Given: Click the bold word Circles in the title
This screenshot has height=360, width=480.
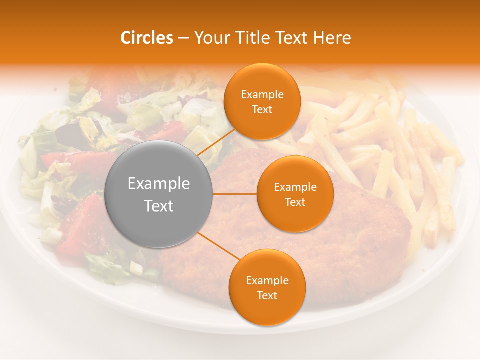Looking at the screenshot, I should [x=147, y=38].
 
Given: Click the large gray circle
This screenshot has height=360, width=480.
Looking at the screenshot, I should [x=159, y=194].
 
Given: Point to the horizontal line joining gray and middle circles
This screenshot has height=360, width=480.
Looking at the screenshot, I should [x=235, y=194].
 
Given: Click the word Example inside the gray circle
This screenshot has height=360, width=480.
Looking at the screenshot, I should [x=159, y=184].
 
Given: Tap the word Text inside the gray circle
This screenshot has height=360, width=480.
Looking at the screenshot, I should [x=159, y=206].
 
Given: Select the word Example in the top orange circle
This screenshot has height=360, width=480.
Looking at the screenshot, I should [x=262, y=95].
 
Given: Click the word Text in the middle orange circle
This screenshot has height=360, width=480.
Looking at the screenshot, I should [x=295, y=202].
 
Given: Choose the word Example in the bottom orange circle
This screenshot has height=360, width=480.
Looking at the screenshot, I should [x=267, y=281].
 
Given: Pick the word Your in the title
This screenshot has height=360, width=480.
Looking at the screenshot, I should [x=211, y=38].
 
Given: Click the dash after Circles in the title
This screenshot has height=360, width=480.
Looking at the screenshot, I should [x=183, y=38].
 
